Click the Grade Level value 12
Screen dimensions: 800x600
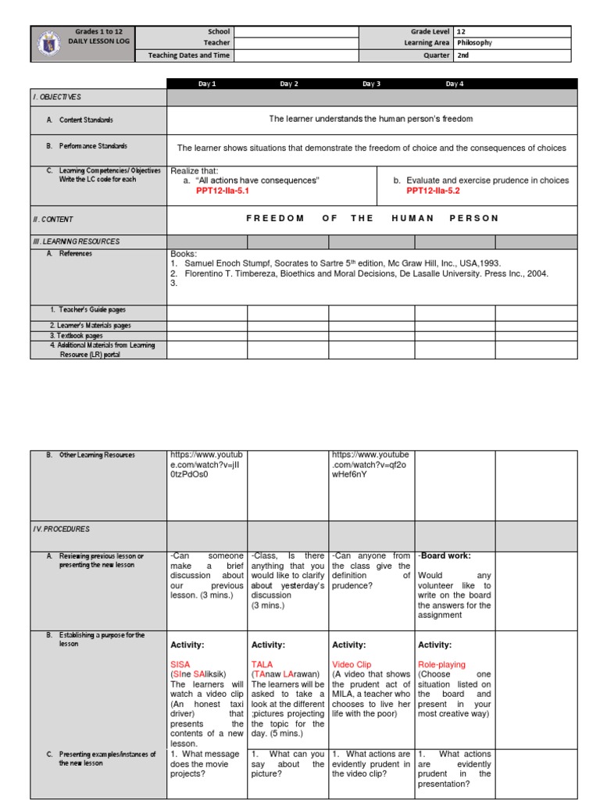point(461,32)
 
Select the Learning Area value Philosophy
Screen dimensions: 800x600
point(474,44)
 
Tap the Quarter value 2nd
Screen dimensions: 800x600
point(462,55)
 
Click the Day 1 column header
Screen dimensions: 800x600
point(208,84)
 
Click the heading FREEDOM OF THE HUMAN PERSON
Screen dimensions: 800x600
point(372,219)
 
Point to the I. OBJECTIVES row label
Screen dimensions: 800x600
point(58,97)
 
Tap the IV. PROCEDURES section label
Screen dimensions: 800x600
point(62,529)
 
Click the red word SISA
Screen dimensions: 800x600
point(180,665)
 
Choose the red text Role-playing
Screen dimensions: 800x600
point(441,665)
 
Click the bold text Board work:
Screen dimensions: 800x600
point(445,556)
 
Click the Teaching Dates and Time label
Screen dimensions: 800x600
point(184,55)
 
